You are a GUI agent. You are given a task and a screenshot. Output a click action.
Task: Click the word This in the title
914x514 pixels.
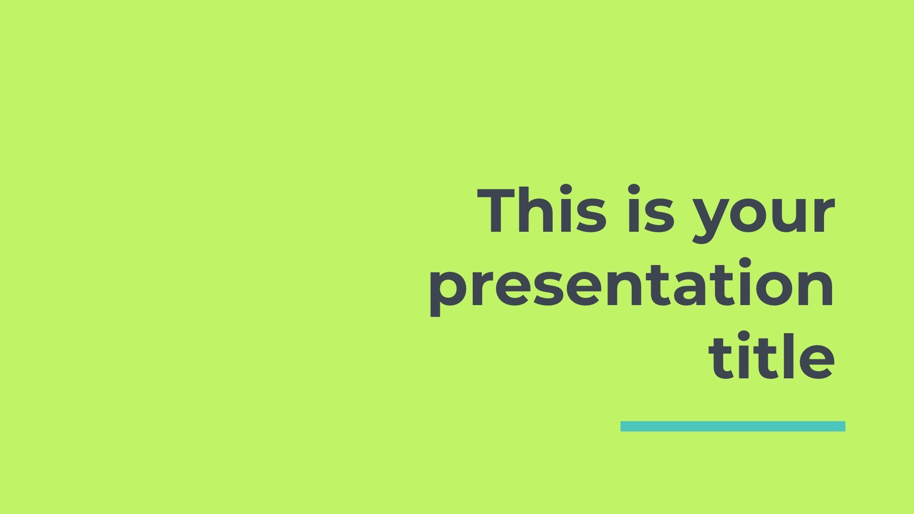pos(542,210)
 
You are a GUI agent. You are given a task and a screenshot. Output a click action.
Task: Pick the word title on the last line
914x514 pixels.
pos(772,356)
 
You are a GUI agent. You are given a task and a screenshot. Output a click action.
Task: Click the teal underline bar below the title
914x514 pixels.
pos(733,426)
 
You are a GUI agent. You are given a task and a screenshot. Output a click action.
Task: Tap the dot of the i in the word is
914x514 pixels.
pos(634,190)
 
